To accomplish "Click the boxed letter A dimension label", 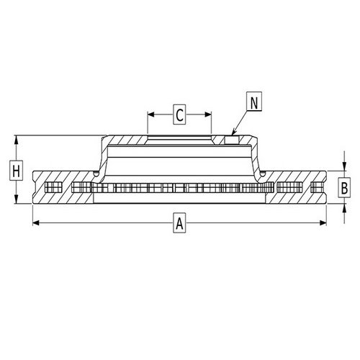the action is click(x=179, y=223).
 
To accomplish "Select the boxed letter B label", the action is click(x=344, y=187).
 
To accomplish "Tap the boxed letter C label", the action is click(x=179, y=114).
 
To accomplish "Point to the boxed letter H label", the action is click(x=16, y=171).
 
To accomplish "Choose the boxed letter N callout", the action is click(x=254, y=101).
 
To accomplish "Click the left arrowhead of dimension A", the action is click(x=36, y=223).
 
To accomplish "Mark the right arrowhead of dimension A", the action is click(x=323, y=223).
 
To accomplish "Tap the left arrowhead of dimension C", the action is click(x=150, y=114).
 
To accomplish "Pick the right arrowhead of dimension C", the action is click(x=208, y=114).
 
